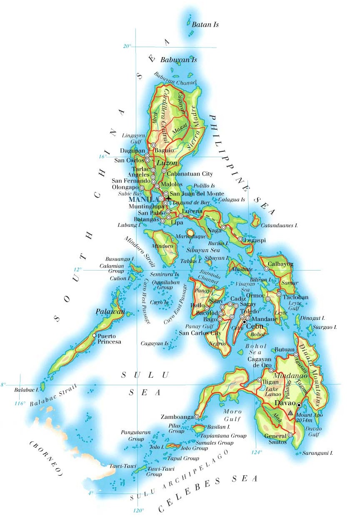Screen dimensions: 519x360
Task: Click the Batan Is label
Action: coord(205,25)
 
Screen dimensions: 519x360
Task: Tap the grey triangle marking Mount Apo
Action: coord(290,413)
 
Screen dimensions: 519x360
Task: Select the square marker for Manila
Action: coord(161,199)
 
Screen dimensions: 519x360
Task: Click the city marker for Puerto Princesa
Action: coord(94,336)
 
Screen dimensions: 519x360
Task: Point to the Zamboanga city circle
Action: coord(196,416)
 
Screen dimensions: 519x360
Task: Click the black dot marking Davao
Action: coord(299,405)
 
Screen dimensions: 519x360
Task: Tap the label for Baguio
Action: coord(163,150)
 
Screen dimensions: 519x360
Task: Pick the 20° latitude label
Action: coord(127,46)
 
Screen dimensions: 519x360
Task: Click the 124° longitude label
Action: coord(256,452)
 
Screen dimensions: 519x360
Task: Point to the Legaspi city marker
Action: coord(240,239)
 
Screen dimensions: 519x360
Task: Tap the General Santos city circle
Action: coord(290,435)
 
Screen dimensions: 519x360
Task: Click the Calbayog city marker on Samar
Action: coord(267,269)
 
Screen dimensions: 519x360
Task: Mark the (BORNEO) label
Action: coord(46,459)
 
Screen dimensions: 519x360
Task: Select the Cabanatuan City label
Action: coord(190,174)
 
